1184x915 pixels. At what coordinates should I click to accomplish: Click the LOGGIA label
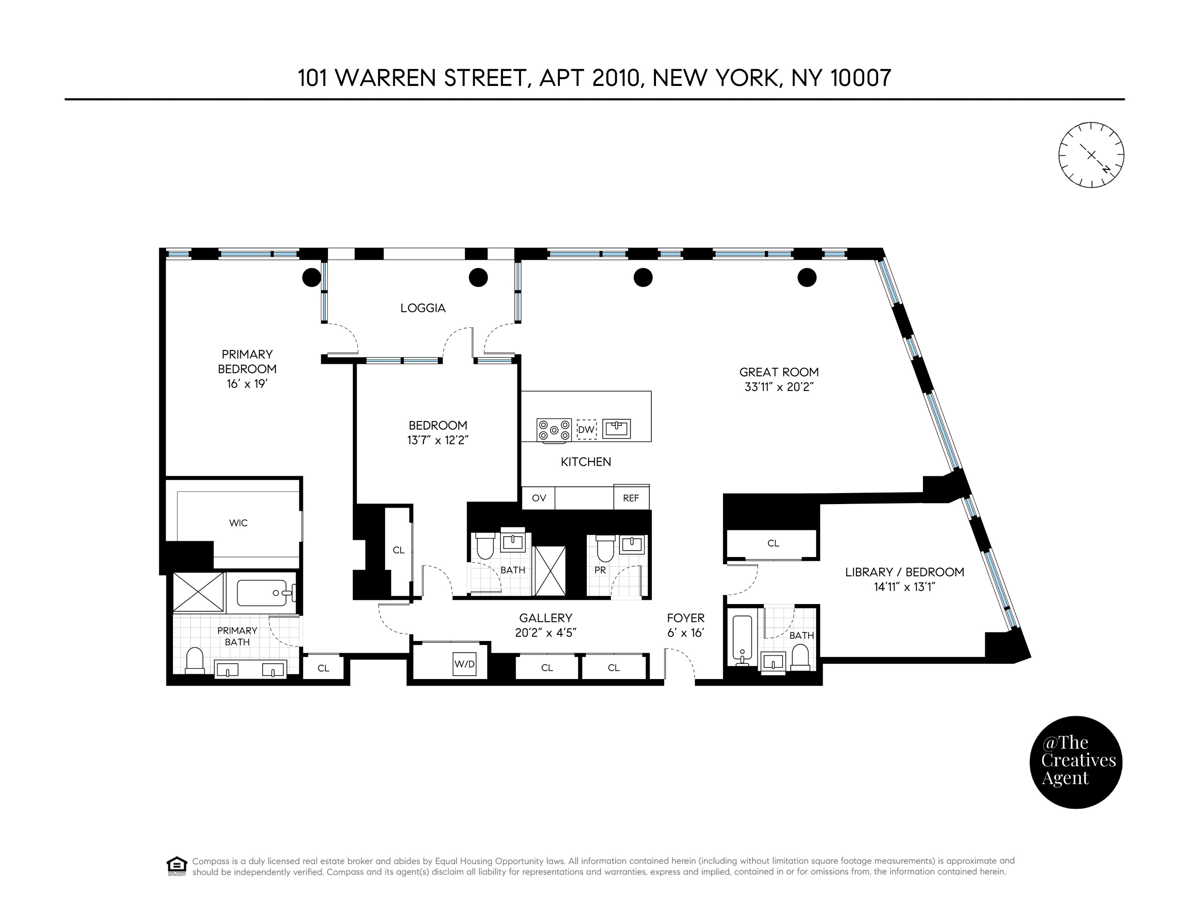[423, 308]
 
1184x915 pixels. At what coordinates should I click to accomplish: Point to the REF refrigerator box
[631, 498]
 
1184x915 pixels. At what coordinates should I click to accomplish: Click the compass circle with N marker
[1091, 155]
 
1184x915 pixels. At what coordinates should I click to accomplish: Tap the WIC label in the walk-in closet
[238, 523]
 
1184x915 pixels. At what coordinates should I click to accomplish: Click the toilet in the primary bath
[194, 661]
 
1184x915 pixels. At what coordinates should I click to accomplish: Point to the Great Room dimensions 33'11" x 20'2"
[779, 387]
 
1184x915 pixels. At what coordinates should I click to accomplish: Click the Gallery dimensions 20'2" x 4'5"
[545, 632]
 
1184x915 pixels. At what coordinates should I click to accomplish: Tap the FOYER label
[685, 618]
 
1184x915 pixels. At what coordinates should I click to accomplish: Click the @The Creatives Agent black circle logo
[1076, 762]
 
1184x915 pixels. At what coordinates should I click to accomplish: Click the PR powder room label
[600, 570]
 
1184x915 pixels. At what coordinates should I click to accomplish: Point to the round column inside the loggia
[478, 277]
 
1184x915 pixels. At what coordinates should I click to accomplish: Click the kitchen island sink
[617, 429]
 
